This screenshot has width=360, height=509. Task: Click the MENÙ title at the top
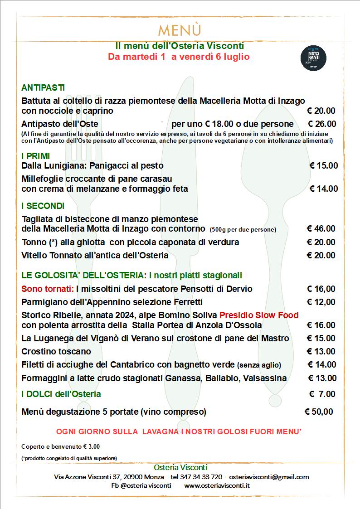click(180, 30)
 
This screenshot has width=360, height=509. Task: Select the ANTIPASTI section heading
click(43, 87)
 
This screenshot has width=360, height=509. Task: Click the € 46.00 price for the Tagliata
click(321, 229)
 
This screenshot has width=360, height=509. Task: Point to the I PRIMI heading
click(36, 156)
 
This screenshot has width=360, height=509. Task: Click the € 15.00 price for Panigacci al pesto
click(323, 166)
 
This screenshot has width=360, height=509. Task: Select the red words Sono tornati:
click(48, 289)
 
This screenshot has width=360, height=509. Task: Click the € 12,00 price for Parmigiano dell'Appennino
click(321, 302)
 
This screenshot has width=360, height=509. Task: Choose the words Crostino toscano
click(56, 351)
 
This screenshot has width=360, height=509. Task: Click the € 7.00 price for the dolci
click(322, 394)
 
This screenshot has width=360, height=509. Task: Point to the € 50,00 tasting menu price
click(318, 412)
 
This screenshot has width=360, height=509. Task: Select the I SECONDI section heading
click(43, 206)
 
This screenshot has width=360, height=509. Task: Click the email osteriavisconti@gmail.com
click(269, 477)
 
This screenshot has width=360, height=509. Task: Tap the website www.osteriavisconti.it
click(218, 485)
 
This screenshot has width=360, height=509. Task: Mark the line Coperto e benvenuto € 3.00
click(61, 446)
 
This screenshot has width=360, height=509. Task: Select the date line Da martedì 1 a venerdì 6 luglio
click(179, 57)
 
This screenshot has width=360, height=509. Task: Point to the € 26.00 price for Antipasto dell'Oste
click(322, 124)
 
